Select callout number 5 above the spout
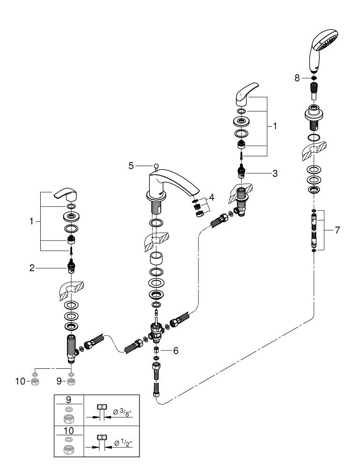click(x=131, y=165)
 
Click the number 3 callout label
click(x=275, y=173)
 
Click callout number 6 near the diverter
click(x=176, y=350)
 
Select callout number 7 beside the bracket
click(x=338, y=230)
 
